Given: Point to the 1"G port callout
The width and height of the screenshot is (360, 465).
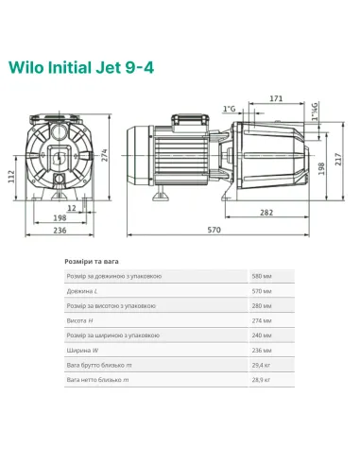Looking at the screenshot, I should [229, 110].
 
